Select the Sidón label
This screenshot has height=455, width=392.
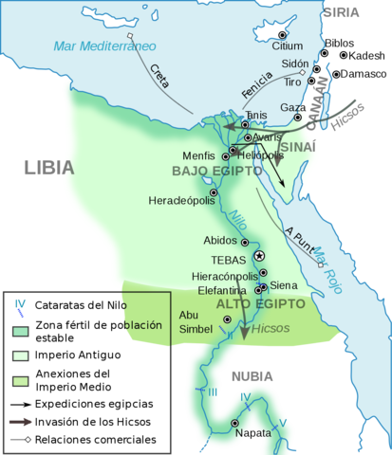click(295, 64)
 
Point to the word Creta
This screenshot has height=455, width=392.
click(159, 79)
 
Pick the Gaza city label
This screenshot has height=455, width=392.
click(291, 107)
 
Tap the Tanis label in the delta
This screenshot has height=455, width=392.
click(255, 115)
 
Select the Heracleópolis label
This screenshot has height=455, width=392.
click(178, 200)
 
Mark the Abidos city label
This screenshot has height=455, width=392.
click(220, 241)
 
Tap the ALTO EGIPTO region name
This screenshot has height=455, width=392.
click(260, 303)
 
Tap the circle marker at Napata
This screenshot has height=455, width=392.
click(234, 423)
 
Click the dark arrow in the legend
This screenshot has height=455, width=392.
click(20, 422)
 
